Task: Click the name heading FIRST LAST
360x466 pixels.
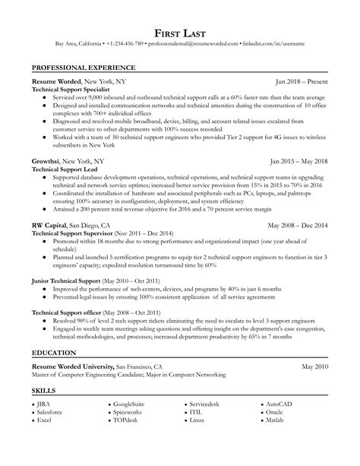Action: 180,33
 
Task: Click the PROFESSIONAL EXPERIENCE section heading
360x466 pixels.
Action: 79,67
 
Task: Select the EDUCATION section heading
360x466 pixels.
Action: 54,333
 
